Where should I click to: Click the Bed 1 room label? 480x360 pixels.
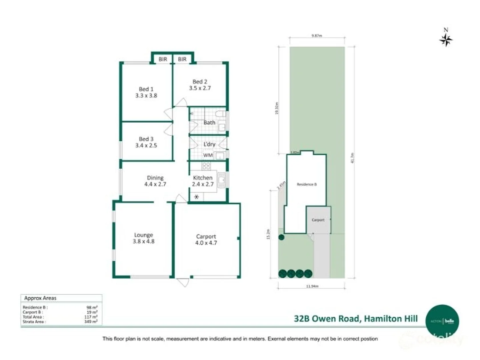click(146, 89)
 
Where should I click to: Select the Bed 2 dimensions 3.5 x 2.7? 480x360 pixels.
click(200, 88)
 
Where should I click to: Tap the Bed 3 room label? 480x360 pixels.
click(146, 139)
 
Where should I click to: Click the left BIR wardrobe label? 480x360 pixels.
click(163, 59)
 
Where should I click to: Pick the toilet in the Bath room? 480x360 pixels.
click(220, 114)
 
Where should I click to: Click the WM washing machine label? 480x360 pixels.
click(208, 155)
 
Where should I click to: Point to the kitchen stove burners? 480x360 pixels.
click(206, 166)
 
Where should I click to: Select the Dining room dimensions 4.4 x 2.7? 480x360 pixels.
click(155, 184)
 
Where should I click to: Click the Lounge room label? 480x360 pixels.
click(143, 235)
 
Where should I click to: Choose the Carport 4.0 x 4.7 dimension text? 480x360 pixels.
click(206, 243)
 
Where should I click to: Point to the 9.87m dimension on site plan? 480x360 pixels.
click(316, 36)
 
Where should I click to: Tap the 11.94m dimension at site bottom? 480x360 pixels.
click(312, 286)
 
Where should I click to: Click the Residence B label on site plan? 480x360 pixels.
click(307, 184)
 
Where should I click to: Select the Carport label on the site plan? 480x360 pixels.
click(318, 220)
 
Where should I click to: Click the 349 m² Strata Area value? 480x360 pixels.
click(91, 322)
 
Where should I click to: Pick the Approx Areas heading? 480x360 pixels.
click(40, 298)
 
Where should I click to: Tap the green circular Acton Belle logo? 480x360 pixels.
click(442, 321)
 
